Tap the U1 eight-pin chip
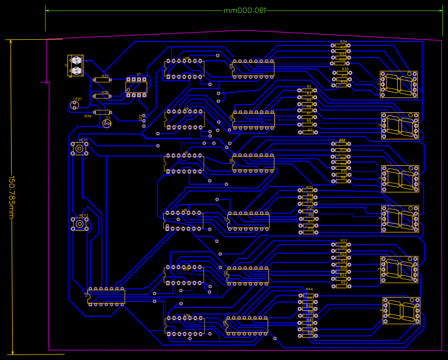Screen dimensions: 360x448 point(136,87)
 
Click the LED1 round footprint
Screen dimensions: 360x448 point(77,106)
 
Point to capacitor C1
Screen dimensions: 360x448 point(107,123)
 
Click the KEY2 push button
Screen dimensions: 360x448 point(80,224)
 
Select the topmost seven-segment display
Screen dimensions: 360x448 point(399,84)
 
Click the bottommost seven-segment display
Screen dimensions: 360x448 point(401,310)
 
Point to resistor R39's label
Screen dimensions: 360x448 point(88,117)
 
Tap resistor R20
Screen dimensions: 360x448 point(308,191)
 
